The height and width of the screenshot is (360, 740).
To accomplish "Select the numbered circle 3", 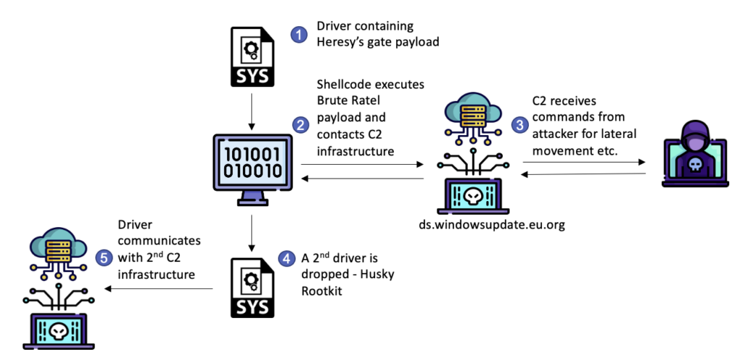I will [519, 125].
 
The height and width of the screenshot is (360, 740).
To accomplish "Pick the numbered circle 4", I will [287, 257].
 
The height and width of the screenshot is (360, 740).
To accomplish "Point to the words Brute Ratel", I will [345, 101].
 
